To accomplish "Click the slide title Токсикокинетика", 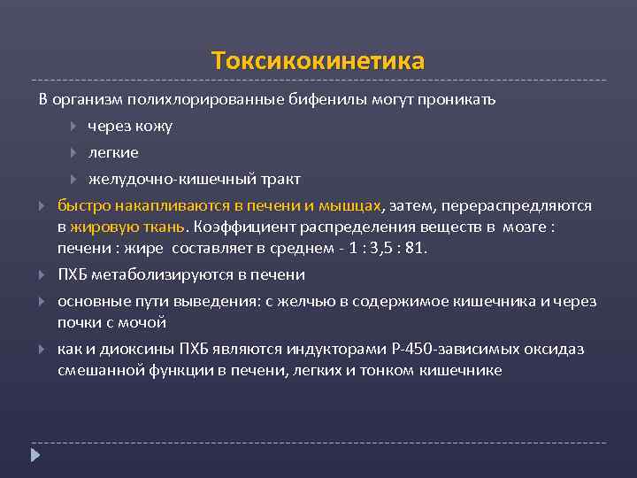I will [318, 61].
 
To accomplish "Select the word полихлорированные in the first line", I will [205, 99].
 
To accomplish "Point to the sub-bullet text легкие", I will [113, 152].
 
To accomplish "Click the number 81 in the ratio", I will [415, 248].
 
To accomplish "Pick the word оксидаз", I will [558, 349].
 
